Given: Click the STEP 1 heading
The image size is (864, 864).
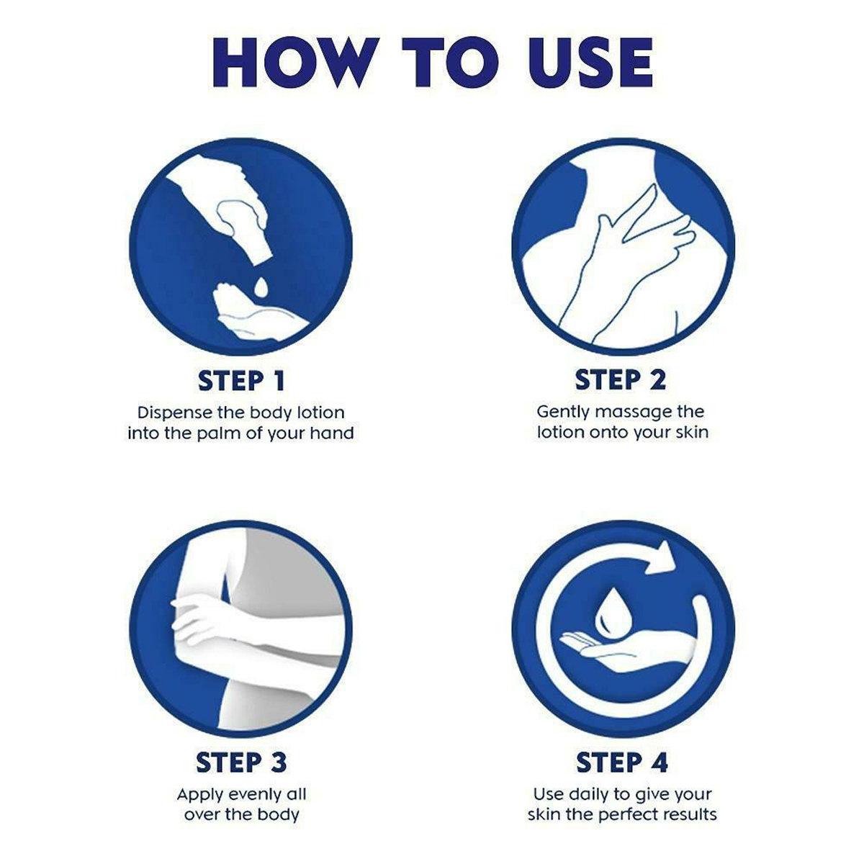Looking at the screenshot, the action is pos(241,381).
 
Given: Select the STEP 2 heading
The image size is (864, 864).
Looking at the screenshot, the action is pos(621,379).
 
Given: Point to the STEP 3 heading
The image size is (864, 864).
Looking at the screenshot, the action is pos(241,762).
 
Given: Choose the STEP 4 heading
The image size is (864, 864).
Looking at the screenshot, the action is pos(622,762).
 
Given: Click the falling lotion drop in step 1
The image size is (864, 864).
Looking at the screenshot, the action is pos(261,287).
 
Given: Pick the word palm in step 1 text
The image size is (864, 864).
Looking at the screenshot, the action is pos(218,433).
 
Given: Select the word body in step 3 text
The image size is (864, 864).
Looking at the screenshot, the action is pos(279,814).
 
